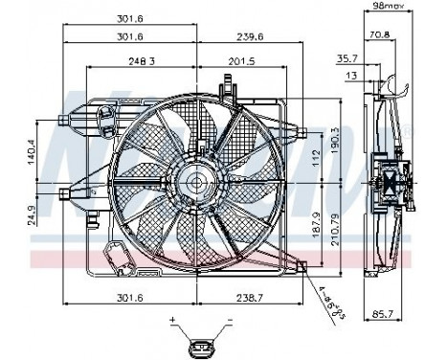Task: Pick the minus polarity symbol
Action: (x=231, y=318)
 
